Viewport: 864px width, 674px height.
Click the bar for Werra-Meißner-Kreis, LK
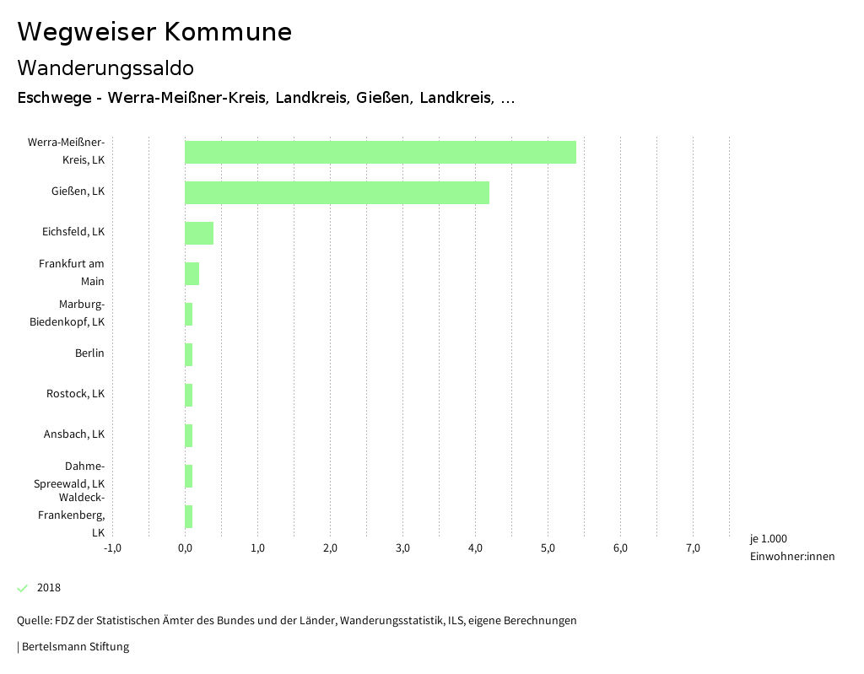pos(381,152)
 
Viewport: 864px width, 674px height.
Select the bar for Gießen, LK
pos(337,192)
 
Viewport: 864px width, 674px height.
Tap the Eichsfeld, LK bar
pos(199,233)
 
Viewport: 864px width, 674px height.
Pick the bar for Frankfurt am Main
pos(192,273)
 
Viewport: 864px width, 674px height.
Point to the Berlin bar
pos(189,354)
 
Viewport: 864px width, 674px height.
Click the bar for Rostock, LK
pos(189,395)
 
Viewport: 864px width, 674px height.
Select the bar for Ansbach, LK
pos(189,435)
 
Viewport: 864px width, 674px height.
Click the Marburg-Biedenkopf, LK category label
pos(67,313)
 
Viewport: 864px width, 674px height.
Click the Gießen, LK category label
pos(78,191)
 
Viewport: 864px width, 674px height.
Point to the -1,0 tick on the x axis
pos(112,548)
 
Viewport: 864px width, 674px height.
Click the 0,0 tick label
pos(185,548)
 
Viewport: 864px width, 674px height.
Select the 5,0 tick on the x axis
pos(548,548)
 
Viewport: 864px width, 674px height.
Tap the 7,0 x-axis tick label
pos(693,548)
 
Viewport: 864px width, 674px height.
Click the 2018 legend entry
pos(48,588)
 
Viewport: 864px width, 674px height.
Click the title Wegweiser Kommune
pos(154,32)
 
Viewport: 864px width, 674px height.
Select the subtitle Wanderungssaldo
pos(105,67)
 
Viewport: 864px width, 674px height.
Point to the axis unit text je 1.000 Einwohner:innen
pos(791,547)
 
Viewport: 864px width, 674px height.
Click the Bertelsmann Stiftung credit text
pos(74,647)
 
